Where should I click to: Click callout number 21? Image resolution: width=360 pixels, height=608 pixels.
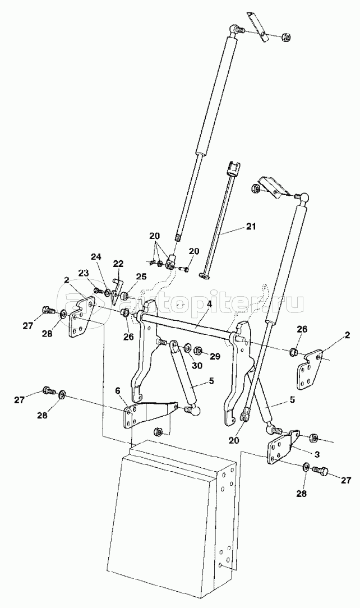pyautogui.click(x=251, y=227)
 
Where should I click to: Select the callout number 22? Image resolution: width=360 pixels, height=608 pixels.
pyautogui.click(x=118, y=264)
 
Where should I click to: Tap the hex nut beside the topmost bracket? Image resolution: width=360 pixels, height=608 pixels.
pyautogui.click(x=287, y=37)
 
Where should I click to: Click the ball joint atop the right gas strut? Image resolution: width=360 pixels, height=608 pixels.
pyautogui.click(x=304, y=198)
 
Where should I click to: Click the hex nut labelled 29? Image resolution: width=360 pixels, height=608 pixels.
pyautogui.click(x=197, y=351)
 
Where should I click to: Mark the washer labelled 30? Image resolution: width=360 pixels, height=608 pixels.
pyautogui.click(x=187, y=347)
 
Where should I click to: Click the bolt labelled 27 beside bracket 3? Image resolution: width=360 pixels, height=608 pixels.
pyautogui.click(x=321, y=472)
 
